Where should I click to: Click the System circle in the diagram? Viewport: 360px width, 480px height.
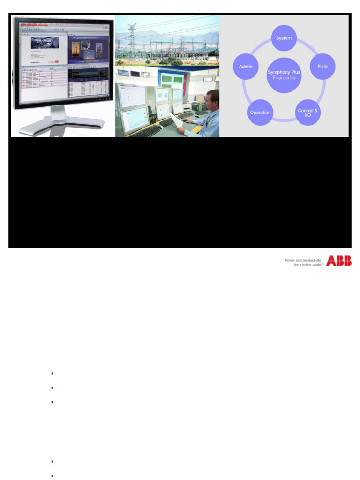(x=284, y=38)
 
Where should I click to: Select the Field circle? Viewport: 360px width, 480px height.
(x=322, y=67)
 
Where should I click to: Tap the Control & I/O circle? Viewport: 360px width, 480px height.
(x=308, y=112)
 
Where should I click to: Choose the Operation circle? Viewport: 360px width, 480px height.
(x=260, y=112)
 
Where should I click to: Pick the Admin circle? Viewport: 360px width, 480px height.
(x=246, y=67)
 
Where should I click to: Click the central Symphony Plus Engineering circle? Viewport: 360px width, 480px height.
(x=284, y=75)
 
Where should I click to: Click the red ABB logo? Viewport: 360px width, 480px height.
(x=339, y=261)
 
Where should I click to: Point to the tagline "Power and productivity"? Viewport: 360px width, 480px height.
(x=303, y=260)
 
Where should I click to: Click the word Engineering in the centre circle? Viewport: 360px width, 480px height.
(x=284, y=78)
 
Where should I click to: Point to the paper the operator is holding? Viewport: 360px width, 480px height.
(x=178, y=120)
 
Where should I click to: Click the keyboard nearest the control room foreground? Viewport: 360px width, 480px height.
(x=146, y=131)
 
